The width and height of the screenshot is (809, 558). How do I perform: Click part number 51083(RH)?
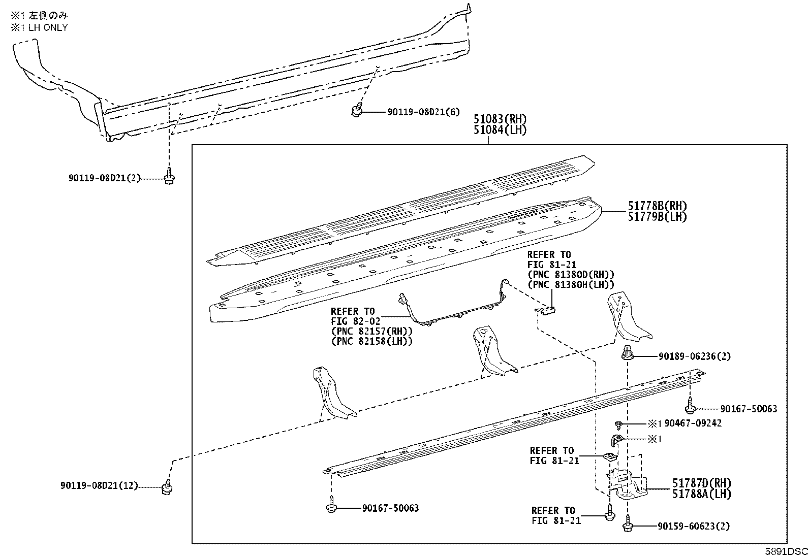500,119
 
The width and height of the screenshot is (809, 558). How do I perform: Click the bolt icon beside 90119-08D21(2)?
168,179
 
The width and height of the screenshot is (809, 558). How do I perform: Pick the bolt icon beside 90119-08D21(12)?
166,487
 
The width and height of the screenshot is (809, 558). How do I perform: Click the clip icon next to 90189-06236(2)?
628,353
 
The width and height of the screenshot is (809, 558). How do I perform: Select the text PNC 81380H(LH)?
571,285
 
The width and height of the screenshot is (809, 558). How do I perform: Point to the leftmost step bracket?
331,393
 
